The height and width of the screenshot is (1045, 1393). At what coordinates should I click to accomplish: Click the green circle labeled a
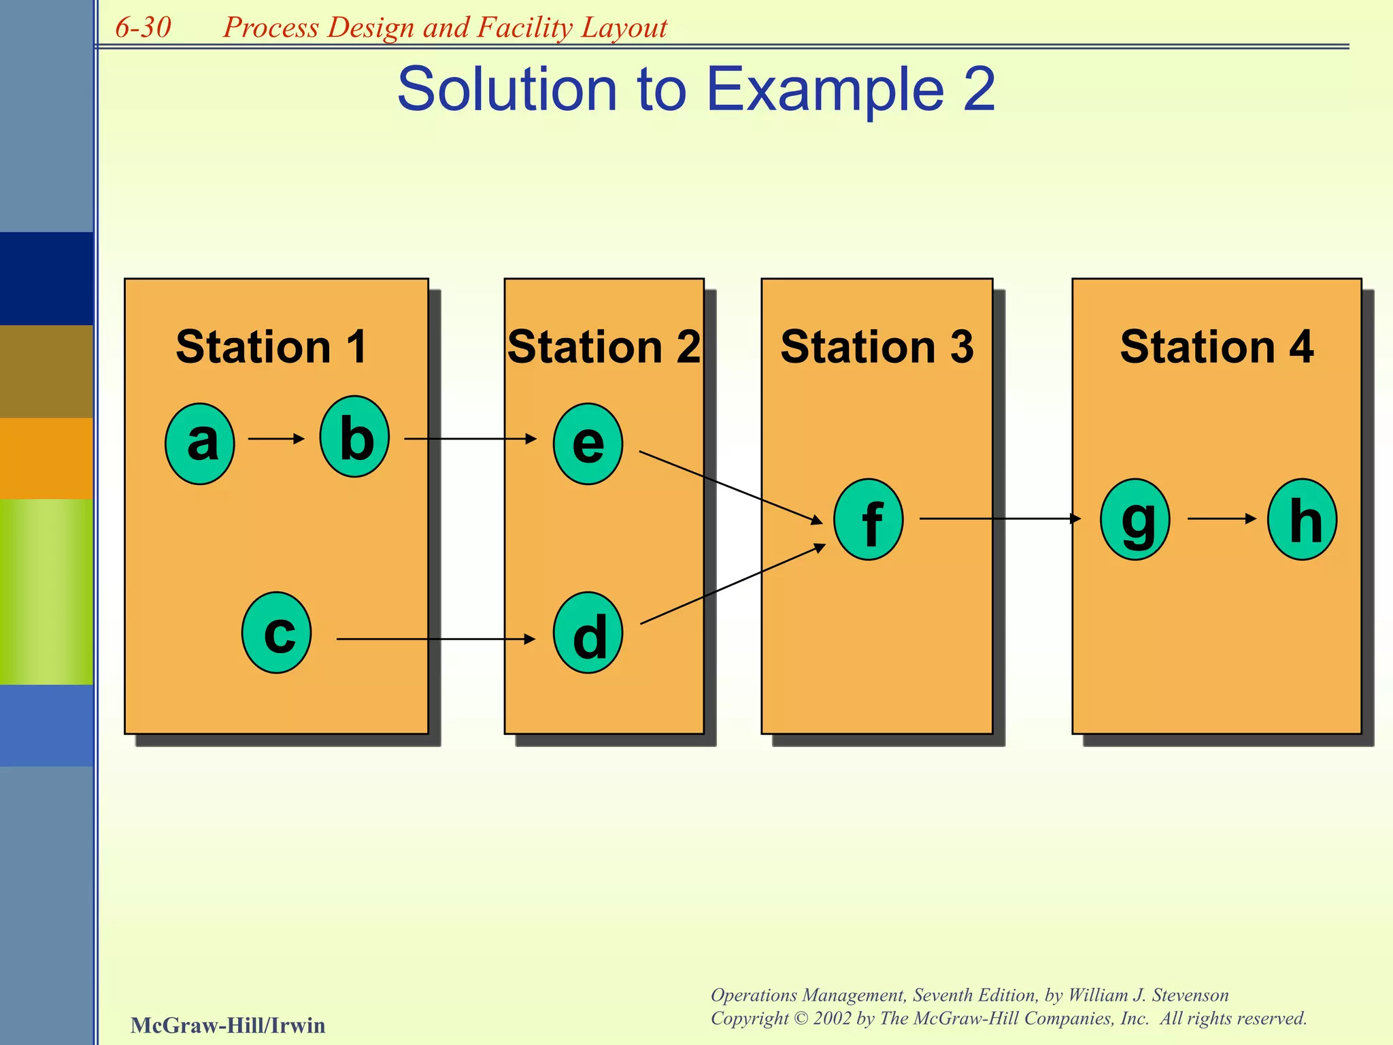(200, 444)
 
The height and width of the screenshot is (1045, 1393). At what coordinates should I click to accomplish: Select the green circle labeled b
(354, 437)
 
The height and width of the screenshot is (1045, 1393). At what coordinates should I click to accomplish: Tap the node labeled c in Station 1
(277, 633)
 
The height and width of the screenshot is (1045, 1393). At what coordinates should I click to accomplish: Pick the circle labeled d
(588, 633)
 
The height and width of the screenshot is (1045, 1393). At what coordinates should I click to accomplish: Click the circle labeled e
(588, 444)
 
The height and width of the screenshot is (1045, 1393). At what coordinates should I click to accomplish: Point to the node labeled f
(869, 520)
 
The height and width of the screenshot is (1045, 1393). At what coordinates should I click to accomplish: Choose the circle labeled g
(1135, 520)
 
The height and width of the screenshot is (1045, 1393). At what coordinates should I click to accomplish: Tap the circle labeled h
(1302, 520)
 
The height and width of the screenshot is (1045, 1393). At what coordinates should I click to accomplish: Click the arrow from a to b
(276, 439)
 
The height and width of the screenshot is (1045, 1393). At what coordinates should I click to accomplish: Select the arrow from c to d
(435, 639)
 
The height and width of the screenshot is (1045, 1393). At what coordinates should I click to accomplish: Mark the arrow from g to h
(1222, 518)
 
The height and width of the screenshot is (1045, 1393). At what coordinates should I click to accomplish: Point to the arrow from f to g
(1000, 518)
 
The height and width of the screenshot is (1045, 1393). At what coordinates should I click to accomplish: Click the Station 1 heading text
(271, 347)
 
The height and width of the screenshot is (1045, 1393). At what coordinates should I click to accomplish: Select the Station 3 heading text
(877, 347)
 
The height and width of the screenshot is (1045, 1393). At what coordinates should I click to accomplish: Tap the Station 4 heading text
(1216, 347)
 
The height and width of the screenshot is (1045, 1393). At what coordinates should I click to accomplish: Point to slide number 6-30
(143, 28)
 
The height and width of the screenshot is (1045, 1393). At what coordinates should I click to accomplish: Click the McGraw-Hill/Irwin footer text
(228, 1025)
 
